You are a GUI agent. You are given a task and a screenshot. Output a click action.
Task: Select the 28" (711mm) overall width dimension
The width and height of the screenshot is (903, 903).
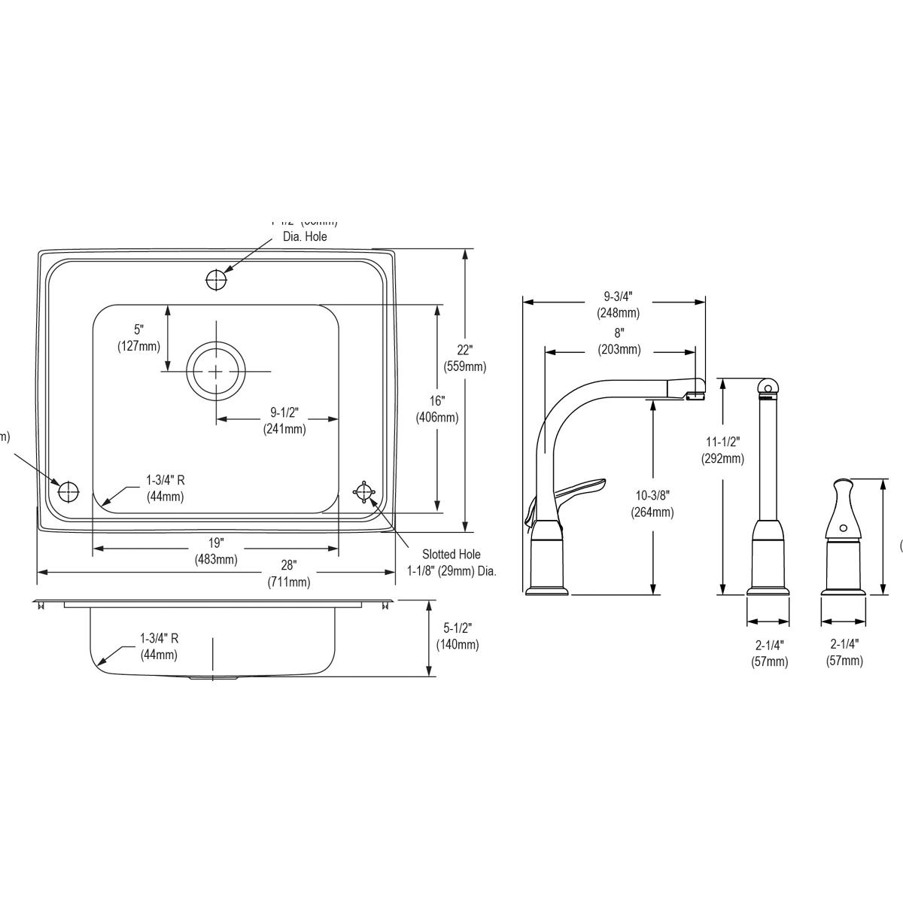289,573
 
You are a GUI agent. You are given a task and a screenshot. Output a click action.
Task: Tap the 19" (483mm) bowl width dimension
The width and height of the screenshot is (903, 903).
216,551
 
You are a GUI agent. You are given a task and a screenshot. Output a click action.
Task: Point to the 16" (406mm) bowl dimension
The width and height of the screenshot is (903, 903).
437,409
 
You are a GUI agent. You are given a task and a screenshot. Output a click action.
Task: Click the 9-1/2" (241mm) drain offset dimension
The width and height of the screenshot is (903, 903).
284,421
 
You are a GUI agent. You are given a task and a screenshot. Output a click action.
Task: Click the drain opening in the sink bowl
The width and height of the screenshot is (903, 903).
216,371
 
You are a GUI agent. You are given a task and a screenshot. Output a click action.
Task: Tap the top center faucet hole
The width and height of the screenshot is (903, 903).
216,279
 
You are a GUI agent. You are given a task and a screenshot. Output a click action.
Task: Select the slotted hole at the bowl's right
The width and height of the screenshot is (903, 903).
365,491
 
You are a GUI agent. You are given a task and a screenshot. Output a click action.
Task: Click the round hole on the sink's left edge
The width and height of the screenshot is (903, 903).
68,491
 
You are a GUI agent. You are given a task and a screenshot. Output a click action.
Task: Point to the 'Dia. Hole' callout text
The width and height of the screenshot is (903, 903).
305,236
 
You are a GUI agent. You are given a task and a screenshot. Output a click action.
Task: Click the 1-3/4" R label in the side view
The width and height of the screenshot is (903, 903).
159,646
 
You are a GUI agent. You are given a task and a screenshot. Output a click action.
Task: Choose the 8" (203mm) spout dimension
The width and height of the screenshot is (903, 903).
619,341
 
